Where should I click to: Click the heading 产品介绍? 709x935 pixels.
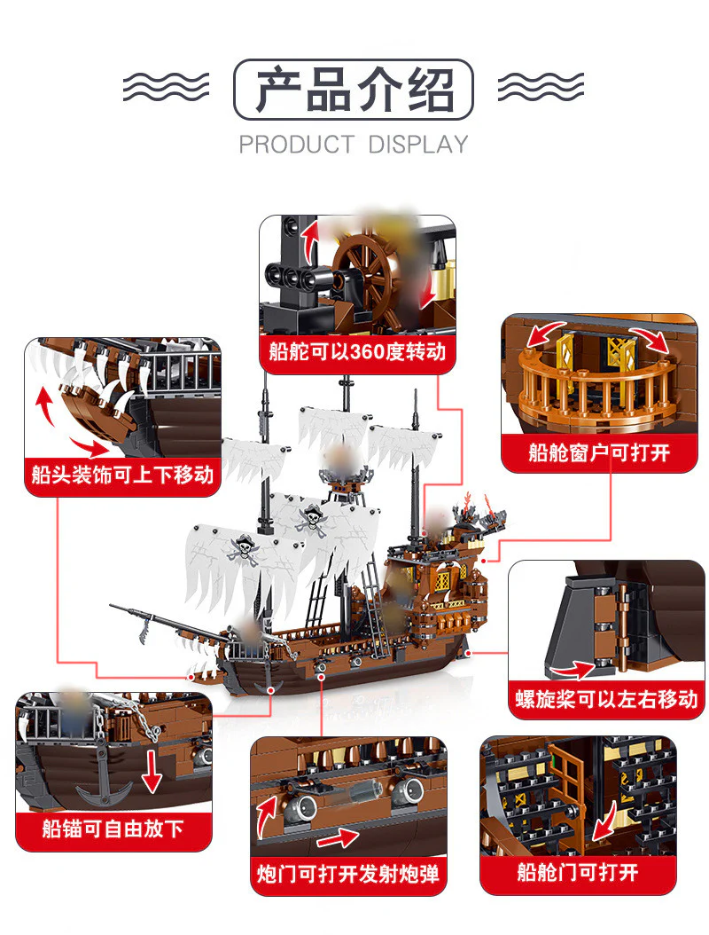tap(354, 90)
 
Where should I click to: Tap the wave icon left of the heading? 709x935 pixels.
tap(166, 88)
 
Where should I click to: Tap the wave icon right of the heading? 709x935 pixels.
tap(541, 88)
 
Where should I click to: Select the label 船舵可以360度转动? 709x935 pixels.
tap(357, 352)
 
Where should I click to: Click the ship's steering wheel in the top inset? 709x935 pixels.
tap(363, 262)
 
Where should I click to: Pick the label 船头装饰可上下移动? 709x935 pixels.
tap(122, 475)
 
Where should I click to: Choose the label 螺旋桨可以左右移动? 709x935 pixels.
tap(606, 700)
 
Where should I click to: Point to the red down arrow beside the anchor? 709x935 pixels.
tap(153, 768)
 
